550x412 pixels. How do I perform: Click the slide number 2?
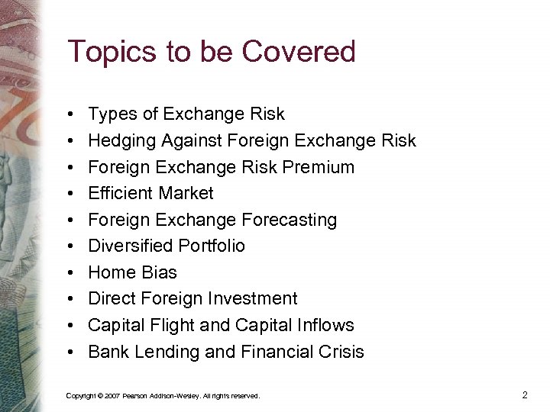tap(525, 394)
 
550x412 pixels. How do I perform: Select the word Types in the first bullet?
tap(113, 114)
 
